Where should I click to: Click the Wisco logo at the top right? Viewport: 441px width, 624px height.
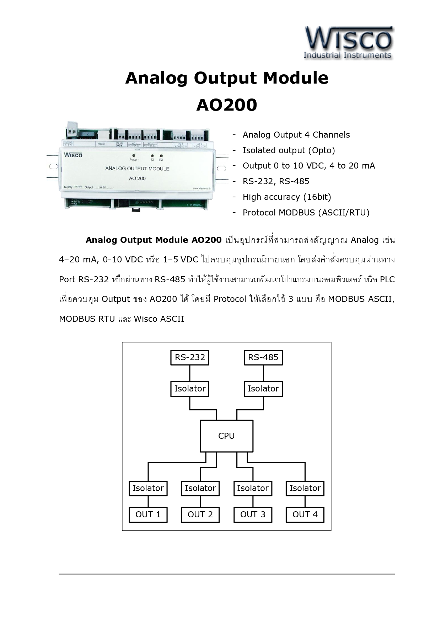(348, 43)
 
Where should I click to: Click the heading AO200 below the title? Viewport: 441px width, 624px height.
(226, 105)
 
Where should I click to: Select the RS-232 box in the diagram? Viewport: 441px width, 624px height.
(190, 357)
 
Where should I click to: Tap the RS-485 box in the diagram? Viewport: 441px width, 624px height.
(263, 357)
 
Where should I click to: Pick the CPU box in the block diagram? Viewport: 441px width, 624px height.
(226, 436)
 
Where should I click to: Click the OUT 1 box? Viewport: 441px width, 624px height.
(148, 514)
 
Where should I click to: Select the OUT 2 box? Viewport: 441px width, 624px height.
(200, 514)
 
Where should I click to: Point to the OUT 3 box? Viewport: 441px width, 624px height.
(253, 514)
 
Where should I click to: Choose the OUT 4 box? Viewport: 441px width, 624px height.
(305, 514)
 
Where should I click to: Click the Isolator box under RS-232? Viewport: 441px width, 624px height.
(190, 389)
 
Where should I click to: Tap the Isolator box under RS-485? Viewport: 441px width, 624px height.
(263, 389)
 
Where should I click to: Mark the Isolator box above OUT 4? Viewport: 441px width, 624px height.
(305, 488)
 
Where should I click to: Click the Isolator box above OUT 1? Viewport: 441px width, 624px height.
(148, 488)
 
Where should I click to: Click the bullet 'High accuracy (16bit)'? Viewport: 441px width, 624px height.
(286, 197)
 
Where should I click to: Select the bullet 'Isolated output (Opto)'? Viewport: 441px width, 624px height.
(289, 150)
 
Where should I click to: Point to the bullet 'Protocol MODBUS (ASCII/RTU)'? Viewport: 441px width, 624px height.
(306, 213)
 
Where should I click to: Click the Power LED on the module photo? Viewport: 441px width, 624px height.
(134, 156)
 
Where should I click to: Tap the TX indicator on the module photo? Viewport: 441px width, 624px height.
(152, 156)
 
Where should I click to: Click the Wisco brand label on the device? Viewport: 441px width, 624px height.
(73, 155)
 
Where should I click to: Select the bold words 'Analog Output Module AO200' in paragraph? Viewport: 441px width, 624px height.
(154, 240)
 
